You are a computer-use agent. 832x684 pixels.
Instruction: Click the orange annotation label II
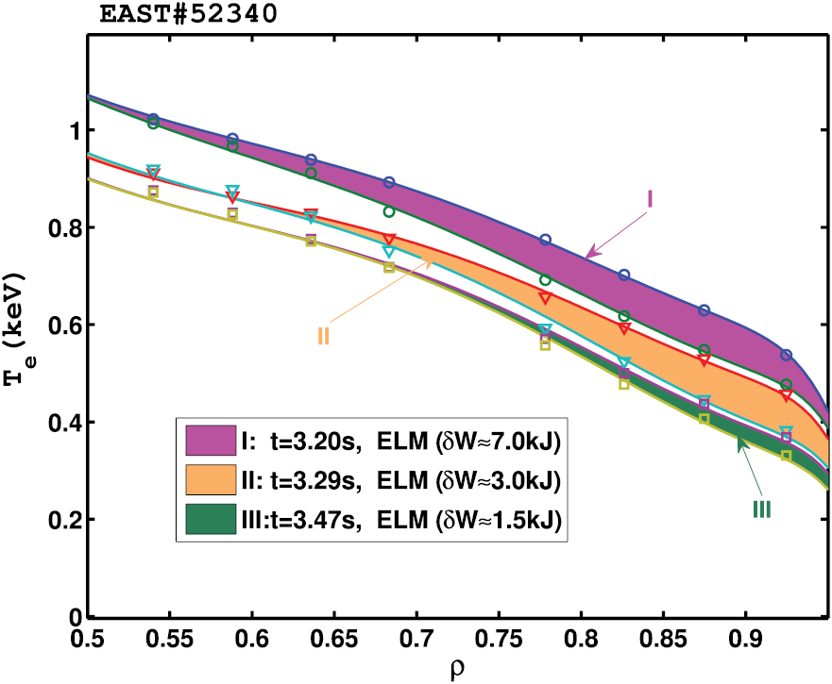323,336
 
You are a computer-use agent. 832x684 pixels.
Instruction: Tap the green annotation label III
762,509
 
